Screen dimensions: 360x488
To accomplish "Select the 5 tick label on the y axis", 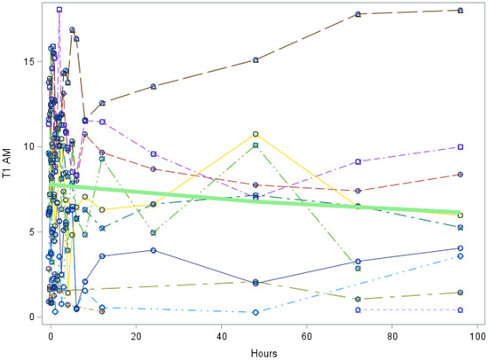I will tap(35, 232).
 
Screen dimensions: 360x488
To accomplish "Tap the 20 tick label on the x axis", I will tap(136, 336).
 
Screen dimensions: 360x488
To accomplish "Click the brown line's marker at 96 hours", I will tap(460, 11).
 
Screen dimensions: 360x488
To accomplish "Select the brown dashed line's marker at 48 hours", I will tap(256, 60).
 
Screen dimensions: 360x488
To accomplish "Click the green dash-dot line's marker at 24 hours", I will tap(153, 232).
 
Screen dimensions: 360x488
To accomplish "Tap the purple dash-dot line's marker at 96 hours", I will tap(460, 147).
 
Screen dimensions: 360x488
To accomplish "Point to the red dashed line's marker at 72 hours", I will tap(358, 191).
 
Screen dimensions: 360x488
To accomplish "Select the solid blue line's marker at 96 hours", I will tap(460, 248).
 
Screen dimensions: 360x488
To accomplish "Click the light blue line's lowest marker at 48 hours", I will tap(256, 312).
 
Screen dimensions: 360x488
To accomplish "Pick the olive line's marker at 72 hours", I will tap(358, 299).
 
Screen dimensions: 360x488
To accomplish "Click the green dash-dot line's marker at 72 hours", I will tap(358, 268).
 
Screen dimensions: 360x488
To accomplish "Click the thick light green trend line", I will tap(266, 200).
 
